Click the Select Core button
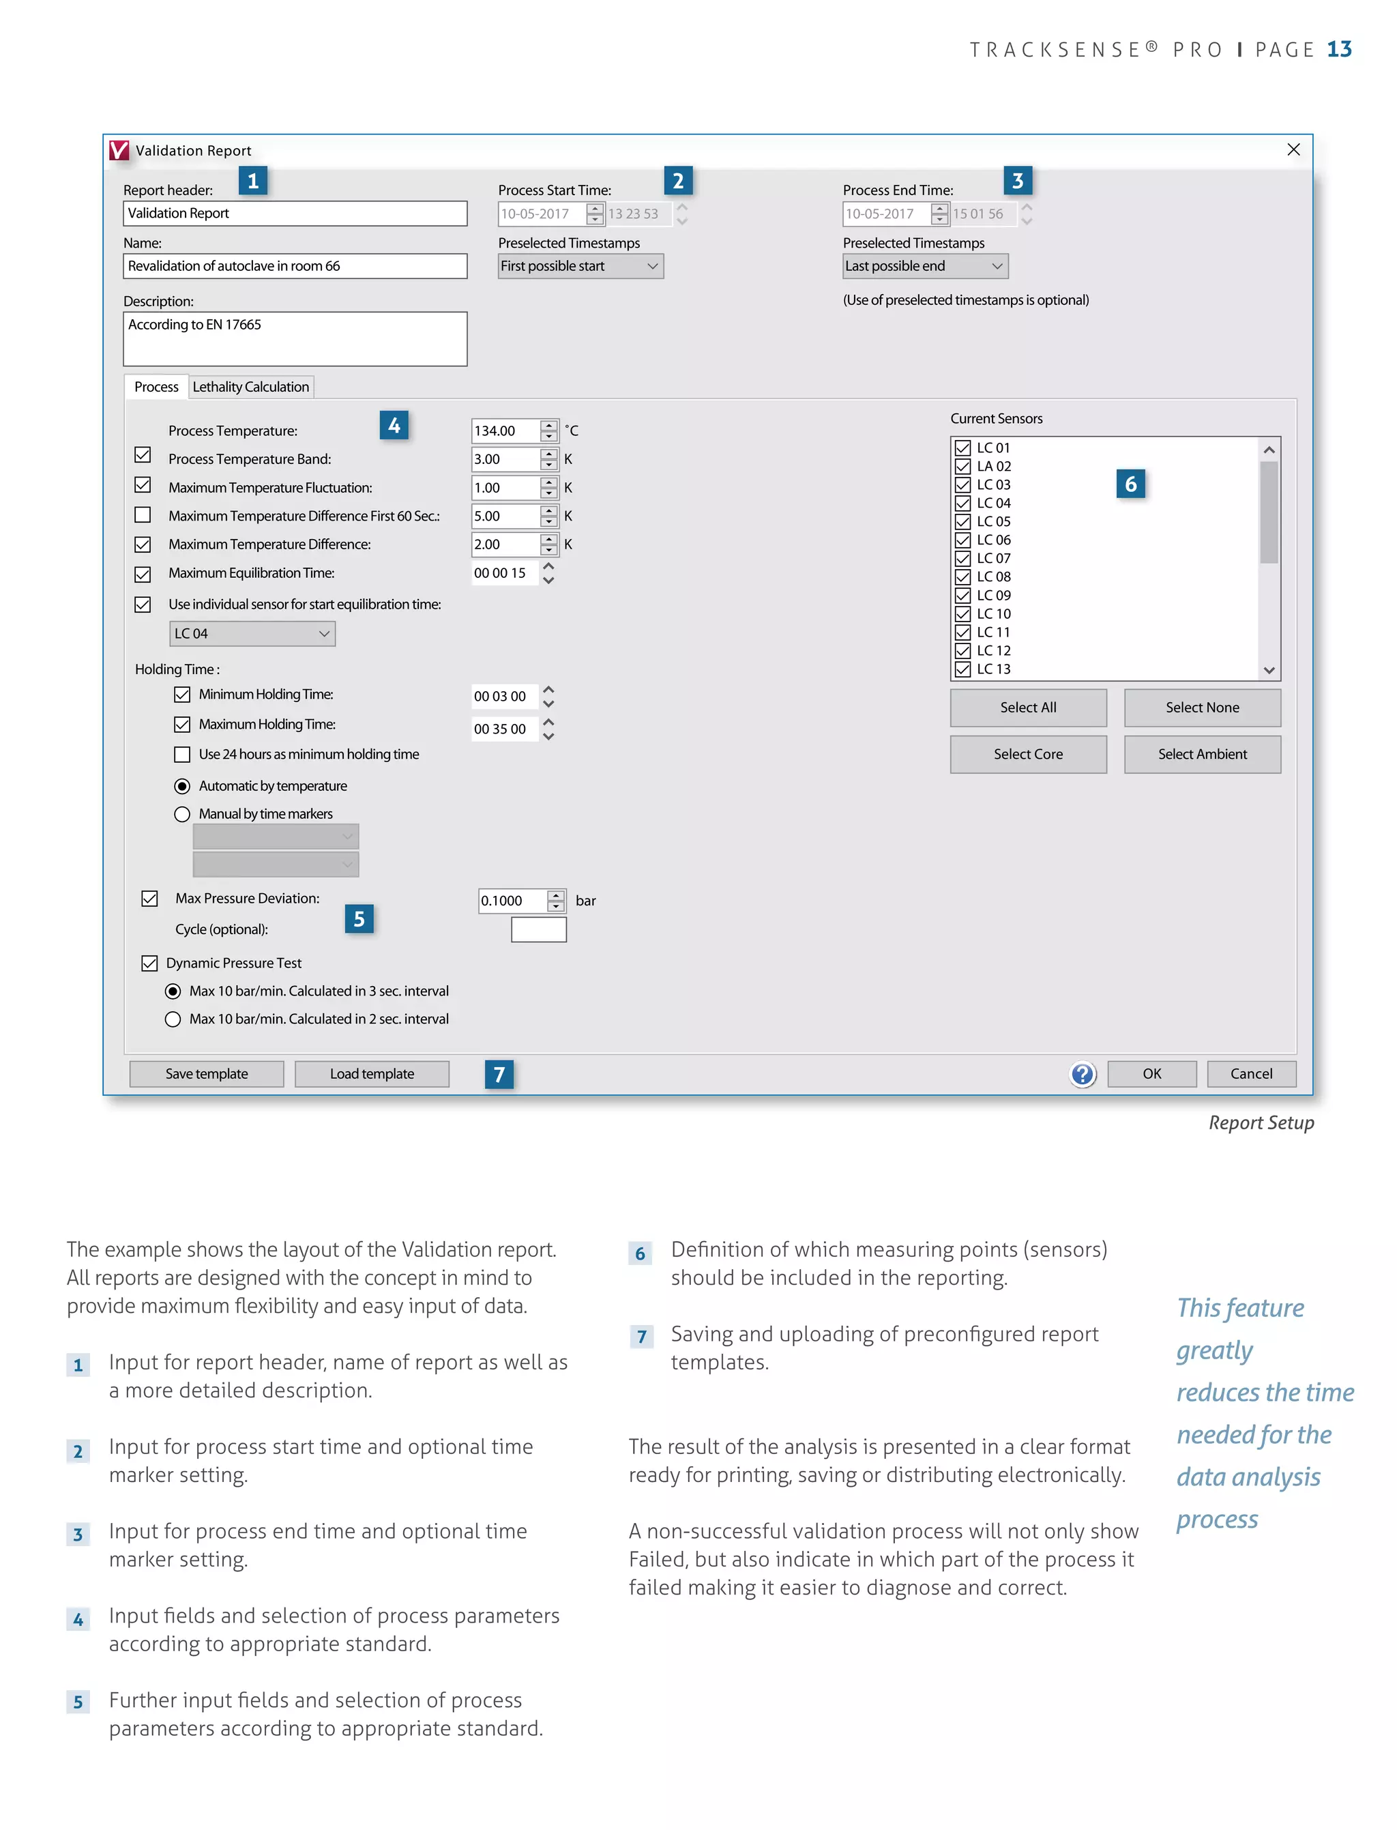tap(1028, 753)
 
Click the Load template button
tap(372, 1073)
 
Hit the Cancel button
tap(1250, 1073)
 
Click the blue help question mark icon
tap(1082, 1074)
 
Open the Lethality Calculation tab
tap(250, 387)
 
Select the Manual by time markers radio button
tap(182, 813)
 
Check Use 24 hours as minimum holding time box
tap(182, 753)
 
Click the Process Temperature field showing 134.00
tap(504, 430)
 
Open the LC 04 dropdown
tap(252, 633)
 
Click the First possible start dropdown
tap(580, 266)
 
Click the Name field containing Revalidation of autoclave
tap(295, 266)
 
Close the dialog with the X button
tap(1293, 149)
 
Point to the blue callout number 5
tap(359, 918)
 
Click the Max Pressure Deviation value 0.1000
tap(512, 900)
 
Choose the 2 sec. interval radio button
tap(173, 1019)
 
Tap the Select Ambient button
tap(1202, 753)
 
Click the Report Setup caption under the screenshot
tap(1261, 1122)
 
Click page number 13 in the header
tap(1339, 49)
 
